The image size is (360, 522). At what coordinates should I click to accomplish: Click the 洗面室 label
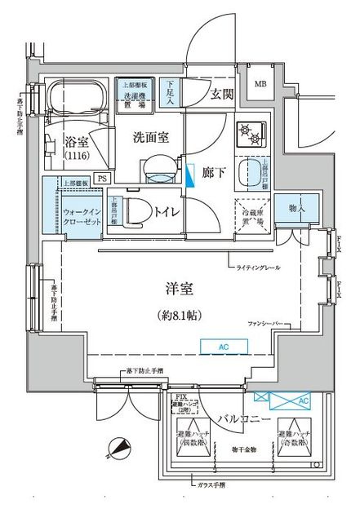coord(151,138)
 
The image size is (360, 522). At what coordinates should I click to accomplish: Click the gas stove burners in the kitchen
coord(247,132)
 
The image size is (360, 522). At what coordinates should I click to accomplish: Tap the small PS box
coord(102,177)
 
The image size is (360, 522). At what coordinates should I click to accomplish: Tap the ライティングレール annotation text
coord(259,268)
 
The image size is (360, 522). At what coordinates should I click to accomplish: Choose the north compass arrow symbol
coord(118,448)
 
